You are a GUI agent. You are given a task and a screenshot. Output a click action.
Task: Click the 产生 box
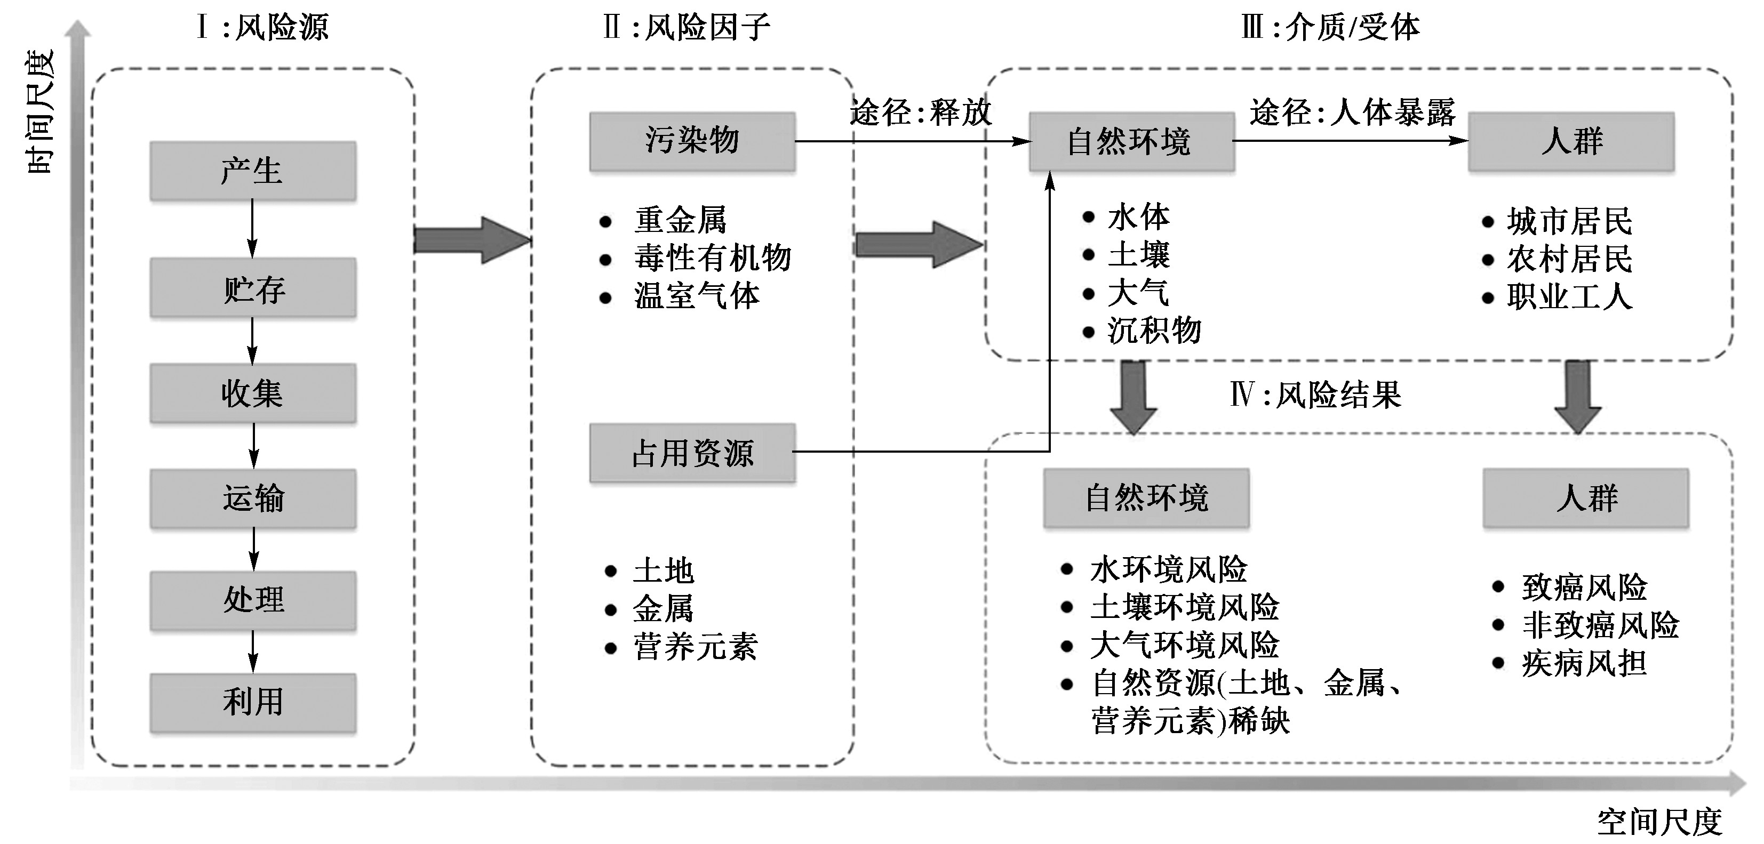253,171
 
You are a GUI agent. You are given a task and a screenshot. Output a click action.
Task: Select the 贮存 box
253,288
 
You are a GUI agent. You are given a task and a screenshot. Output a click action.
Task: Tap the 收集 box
253,393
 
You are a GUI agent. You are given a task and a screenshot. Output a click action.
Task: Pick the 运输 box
253,497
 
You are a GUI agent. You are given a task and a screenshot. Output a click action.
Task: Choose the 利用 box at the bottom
253,702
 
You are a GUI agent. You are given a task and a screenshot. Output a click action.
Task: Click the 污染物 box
692,141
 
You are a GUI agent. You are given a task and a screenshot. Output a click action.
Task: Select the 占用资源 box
692,453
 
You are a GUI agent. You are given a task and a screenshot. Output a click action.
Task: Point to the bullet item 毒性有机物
712,258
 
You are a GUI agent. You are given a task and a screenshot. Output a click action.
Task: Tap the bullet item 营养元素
695,647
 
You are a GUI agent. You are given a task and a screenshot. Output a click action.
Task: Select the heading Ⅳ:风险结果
1315,395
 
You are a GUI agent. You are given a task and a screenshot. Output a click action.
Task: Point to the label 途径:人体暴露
1352,112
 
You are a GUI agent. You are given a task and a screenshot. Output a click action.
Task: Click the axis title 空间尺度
1659,822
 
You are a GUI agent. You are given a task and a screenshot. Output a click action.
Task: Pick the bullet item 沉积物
1154,331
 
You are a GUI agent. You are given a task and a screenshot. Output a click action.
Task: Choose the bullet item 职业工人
1569,297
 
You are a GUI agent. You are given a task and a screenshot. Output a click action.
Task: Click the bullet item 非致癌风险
1600,625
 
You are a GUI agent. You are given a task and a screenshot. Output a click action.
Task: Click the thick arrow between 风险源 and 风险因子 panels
473,240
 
